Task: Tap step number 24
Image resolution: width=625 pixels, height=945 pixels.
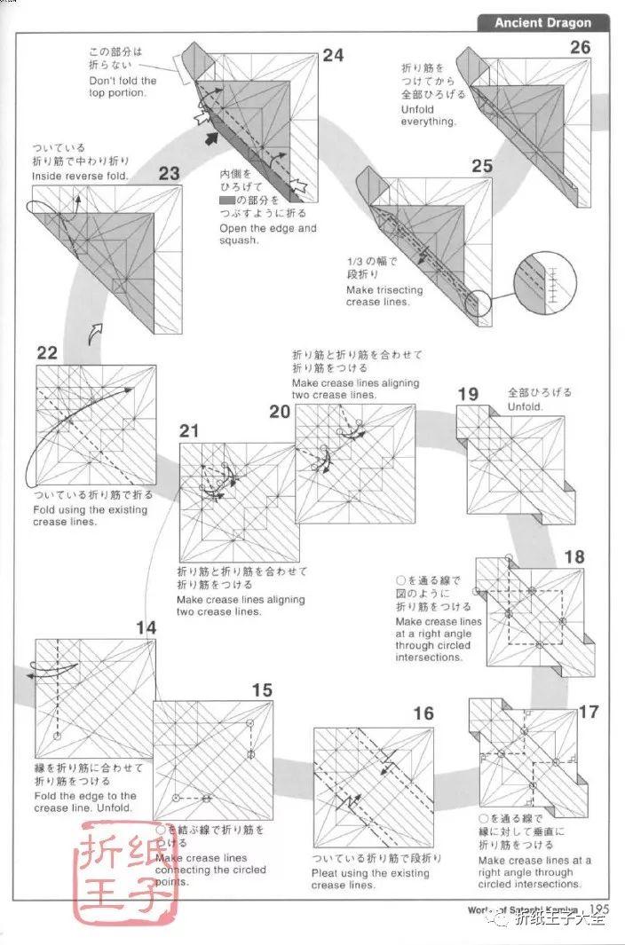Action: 332,56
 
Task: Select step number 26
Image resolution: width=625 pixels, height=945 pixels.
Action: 580,47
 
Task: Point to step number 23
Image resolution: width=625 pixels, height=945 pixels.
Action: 169,174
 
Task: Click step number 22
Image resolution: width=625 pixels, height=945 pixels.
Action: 47,352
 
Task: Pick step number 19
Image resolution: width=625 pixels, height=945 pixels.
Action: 468,394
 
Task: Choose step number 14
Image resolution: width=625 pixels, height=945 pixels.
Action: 146,628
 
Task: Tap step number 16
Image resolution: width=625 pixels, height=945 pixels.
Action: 423,713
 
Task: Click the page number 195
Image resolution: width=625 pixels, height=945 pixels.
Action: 597,909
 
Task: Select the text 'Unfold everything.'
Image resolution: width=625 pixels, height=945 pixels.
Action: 428,114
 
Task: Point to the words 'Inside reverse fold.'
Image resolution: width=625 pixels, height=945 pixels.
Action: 81,177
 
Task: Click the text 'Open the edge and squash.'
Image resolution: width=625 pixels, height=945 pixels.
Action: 267,233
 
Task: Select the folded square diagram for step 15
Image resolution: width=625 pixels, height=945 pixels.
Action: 213,760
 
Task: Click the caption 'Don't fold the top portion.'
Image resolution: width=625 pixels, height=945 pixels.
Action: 123,86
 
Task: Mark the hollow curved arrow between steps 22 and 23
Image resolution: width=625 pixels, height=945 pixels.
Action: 96,333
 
